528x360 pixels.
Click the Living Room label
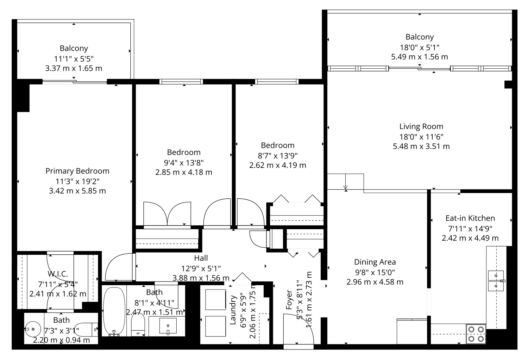[421, 127]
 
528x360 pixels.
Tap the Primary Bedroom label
[77, 171]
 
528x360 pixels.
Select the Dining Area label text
[375, 262]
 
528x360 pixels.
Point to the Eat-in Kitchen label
[470, 218]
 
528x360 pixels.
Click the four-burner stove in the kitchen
[476, 334]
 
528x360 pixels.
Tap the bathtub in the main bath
[114, 311]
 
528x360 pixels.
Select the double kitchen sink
[496, 281]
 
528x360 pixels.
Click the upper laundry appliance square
[215, 300]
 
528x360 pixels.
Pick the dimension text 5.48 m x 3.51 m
[421, 147]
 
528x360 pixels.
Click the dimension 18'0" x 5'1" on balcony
[420, 48]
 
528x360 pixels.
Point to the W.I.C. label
[58, 274]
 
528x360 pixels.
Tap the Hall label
[201, 258]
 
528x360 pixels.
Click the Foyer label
[289, 300]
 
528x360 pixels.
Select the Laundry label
[233, 310]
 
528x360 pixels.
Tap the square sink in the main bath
[168, 326]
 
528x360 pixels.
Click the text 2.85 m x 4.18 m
[184, 173]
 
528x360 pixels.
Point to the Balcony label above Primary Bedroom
[74, 48]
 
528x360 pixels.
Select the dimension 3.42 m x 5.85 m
[77, 191]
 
